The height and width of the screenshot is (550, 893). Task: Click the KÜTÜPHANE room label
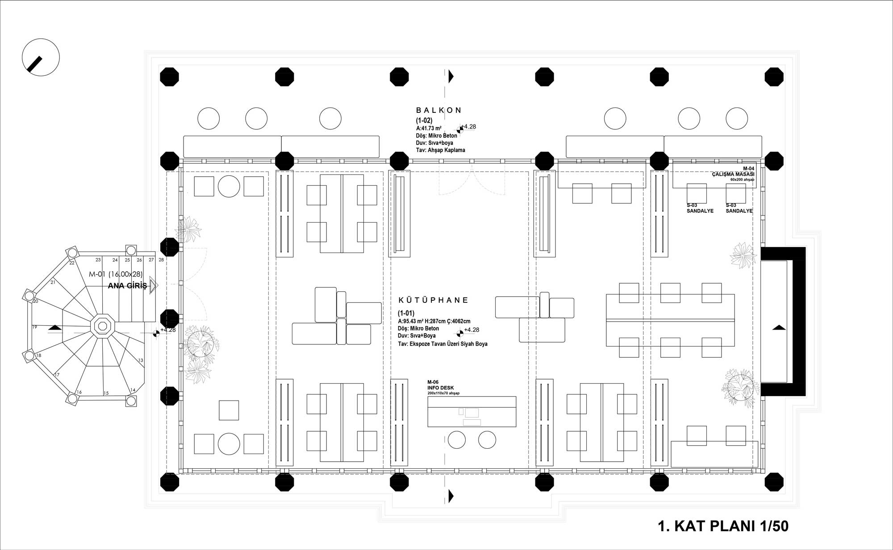[x=433, y=300]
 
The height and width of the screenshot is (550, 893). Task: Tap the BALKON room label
[x=439, y=110]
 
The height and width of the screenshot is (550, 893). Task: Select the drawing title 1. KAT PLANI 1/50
[x=723, y=526]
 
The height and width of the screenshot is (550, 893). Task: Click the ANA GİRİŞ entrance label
[x=127, y=286]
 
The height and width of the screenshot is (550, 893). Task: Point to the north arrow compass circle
[x=41, y=57]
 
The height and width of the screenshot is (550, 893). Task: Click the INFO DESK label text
[x=440, y=388]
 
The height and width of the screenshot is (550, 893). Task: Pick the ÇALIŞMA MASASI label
[x=733, y=174]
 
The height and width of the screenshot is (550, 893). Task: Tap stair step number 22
[x=72, y=263]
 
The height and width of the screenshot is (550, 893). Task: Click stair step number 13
[x=141, y=360]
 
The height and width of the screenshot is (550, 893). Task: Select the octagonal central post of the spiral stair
[x=102, y=325]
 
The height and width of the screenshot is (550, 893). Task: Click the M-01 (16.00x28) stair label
[x=116, y=274]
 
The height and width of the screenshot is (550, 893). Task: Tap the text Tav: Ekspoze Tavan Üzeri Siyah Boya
[x=442, y=344]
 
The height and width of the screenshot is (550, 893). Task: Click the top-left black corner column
[x=169, y=77]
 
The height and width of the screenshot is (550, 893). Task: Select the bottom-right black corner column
[x=774, y=482]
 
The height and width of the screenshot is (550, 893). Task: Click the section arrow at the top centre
[x=451, y=76]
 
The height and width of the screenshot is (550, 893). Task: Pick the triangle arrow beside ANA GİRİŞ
[x=154, y=285]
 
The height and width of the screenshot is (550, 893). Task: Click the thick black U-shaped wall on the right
[x=784, y=322]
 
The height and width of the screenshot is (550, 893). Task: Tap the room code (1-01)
[x=406, y=313]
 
